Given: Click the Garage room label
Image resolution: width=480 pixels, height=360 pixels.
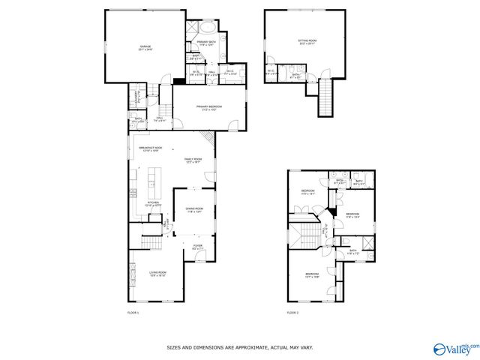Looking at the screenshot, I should click(144, 48).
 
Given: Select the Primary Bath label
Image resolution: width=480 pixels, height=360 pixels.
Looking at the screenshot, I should click(206, 42).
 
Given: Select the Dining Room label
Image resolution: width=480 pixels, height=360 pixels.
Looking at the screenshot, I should click(195, 211).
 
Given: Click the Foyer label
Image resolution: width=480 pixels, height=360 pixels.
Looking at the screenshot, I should click(197, 246).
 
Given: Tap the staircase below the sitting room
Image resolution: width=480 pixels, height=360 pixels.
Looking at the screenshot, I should click(325, 98).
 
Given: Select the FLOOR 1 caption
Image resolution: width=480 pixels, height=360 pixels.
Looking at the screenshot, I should click(133, 312).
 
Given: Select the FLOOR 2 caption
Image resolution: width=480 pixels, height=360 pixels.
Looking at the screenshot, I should click(292, 312).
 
